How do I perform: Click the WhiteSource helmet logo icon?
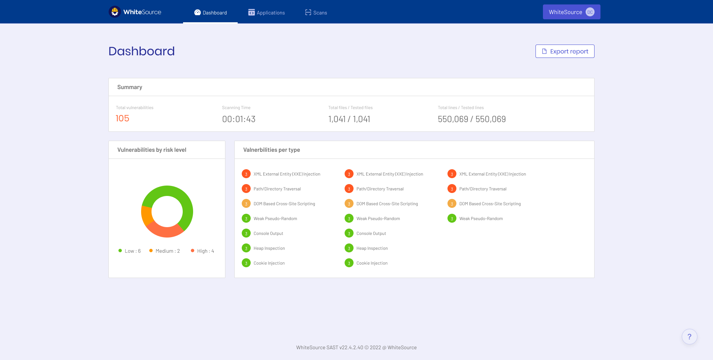pyautogui.click(x=115, y=12)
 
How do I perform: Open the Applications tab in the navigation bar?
pyautogui.click(x=267, y=13)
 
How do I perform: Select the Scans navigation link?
pyautogui.click(x=316, y=13)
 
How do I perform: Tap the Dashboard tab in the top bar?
pyautogui.click(x=211, y=13)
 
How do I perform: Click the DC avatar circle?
pyautogui.click(x=590, y=12)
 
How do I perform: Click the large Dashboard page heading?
pyautogui.click(x=141, y=51)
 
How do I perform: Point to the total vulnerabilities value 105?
pyautogui.click(x=123, y=118)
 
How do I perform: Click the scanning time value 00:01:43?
pyautogui.click(x=239, y=119)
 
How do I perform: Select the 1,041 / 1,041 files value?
pyautogui.click(x=349, y=119)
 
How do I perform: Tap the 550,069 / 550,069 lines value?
pyautogui.click(x=472, y=119)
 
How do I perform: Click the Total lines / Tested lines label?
pyautogui.click(x=460, y=108)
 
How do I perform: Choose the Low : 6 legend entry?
pyautogui.click(x=130, y=251)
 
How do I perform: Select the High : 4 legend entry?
pyautogui.click(x=202, y=251)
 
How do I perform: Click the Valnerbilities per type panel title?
pyautogui.click(x=271, y=150)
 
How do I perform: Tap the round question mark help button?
pyautogui.click(x=689, y=337)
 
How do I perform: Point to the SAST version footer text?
pyautogui.click(x=356, y=347)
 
